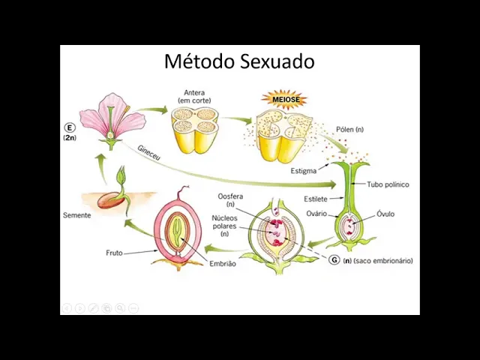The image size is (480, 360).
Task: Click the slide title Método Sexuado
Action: tap(238, 61)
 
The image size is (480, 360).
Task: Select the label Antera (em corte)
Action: tap(194, 97)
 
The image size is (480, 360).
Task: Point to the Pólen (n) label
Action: tap(349, 130)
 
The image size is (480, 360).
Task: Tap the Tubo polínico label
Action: tap(388, 184)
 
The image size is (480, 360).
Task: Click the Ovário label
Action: tap(316, 214)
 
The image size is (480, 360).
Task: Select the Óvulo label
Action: tap(385, 214)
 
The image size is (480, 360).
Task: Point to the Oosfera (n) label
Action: tap(230, 200)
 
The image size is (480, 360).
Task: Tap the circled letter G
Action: tap(334, 260)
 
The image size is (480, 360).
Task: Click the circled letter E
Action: tap(70, 128)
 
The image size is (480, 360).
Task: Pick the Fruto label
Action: tap(113, 253)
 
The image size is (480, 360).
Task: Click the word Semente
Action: tap(76, 215)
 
